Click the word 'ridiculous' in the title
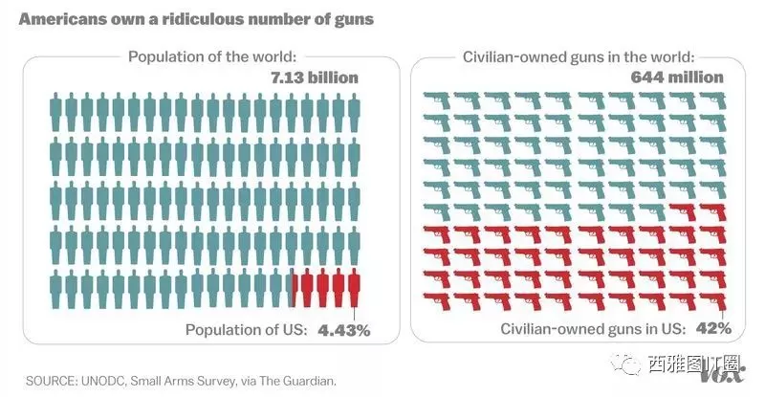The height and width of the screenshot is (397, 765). (201, 19)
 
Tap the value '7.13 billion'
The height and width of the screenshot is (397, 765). (315, 77)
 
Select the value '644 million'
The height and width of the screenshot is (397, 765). (677, 77)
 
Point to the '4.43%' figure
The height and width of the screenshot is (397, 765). (344, 331)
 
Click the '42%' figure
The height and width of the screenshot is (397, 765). (713, 328)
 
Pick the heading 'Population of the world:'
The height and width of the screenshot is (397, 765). (212, 56)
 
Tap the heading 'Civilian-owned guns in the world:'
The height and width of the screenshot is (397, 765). (579, 56)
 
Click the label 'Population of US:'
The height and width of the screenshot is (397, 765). (247, 330)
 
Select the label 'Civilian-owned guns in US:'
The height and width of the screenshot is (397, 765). (593, 329)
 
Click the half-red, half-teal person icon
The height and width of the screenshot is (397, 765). (292, 288)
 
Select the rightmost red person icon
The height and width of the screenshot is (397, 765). (354, 288)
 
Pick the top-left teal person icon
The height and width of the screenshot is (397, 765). (56, 112)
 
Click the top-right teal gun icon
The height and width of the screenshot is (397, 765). (713, 100)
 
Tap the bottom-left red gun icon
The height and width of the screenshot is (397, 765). (437, 301)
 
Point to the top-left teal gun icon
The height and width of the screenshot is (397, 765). (437, 100)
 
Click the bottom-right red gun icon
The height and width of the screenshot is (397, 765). (713, 301)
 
